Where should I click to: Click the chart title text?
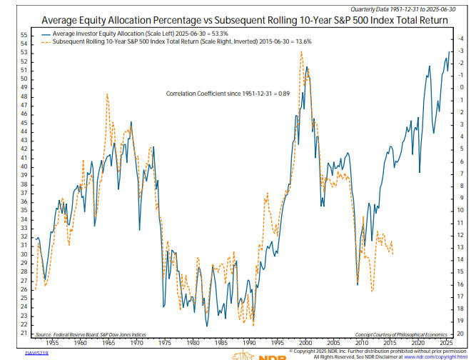click(235, 20)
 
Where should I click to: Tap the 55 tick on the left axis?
click(24, 34)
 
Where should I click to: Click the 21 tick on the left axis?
click(24, 333)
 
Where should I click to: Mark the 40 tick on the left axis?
click(24, 166)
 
